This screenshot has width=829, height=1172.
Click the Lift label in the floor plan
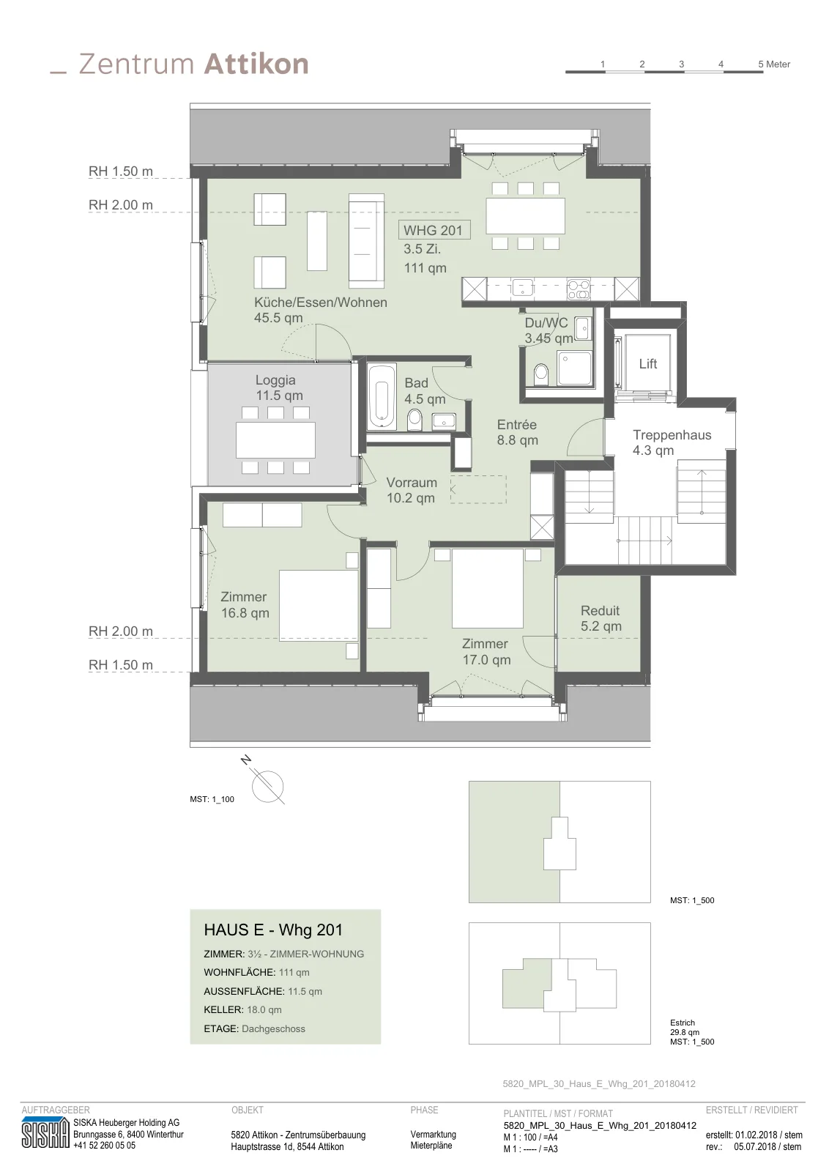pyautogui.click(x=647, y=363)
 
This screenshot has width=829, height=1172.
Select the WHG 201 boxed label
pyautogui.click(x=434, y=230)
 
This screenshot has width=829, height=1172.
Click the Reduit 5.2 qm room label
pyautogui.click(x=601, y=618)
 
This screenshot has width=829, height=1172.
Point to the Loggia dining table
pyautogui.click(x=275, y=440)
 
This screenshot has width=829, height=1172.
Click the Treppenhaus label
pyautogui.click(x=672, y=435)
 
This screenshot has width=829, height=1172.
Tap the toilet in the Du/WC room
pyautogui.click(x=540, y=374)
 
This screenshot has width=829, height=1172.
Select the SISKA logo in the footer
pyautogui.click(x=45, y=1133)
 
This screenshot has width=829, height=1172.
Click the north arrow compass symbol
pyautogui.click(x=267, y=786)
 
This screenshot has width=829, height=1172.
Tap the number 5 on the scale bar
pyautogui.click(x=760, y=64)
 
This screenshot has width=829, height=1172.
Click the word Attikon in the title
pyautogui.click(x=256, y=64)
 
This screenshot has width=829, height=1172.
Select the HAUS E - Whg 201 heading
pyautogui.click(x=273, y=930)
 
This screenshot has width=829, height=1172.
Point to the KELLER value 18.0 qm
pyautogui.click(x=264, y=1010)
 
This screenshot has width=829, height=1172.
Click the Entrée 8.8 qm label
pyautogui.click(x=517, y=432)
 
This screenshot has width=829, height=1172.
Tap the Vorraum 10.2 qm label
pyautogui.click(x=411, y=490)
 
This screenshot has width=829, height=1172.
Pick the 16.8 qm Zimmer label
pyautogui.click(x=245, y=605)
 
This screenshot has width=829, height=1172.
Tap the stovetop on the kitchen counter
pyautogui.click(x=579, y=289)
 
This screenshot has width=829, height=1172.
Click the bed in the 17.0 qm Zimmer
pyautogui.click(x=488, y=588)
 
